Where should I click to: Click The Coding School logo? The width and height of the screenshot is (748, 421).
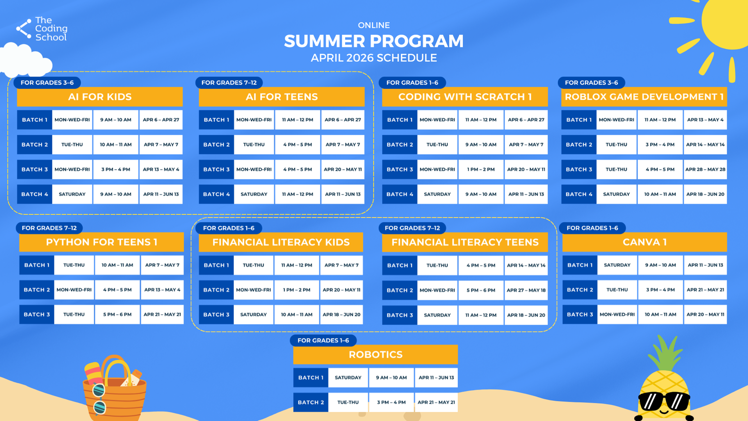42,29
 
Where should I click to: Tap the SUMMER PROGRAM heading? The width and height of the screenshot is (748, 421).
374,41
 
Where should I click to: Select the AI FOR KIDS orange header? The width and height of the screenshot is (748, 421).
100,97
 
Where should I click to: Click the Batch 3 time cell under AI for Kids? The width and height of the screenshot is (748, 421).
116,170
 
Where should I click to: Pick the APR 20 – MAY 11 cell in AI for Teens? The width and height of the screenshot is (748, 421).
343,170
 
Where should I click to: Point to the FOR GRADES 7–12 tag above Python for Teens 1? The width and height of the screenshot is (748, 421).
49,228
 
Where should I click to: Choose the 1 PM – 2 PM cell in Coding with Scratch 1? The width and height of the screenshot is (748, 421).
481,170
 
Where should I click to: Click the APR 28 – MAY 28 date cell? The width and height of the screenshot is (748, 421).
705,170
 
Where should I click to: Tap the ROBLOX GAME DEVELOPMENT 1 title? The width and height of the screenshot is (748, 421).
644,97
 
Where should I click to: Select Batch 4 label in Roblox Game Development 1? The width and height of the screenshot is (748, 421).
578,194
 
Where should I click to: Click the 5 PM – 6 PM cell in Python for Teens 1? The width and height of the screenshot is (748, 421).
117,314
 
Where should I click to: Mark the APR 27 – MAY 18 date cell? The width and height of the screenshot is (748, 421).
526,290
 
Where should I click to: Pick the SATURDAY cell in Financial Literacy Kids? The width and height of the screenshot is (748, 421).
253,314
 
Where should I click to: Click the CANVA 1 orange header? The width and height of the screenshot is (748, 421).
644,242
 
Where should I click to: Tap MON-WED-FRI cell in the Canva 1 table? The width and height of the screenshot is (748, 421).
617,314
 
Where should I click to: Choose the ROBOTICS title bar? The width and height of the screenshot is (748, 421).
375,355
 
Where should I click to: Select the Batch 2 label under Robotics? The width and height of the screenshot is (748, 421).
311,402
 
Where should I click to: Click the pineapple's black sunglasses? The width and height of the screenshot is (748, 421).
664,401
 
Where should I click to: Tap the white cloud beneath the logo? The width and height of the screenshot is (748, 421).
25,60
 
